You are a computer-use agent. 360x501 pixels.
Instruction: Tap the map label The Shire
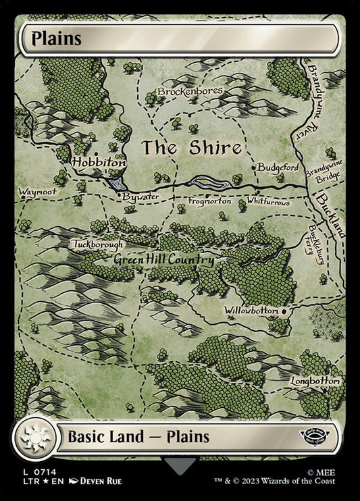[x=190, y=147]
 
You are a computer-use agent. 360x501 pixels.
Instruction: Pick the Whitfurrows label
[x=268, y=201]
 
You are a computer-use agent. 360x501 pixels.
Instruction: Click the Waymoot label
[x=38, y=191]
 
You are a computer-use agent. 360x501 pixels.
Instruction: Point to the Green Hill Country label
[x=164, y=260]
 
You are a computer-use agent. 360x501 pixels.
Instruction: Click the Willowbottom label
[x=252, y=311]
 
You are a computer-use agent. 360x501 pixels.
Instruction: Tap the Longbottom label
[x=315, y=381]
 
